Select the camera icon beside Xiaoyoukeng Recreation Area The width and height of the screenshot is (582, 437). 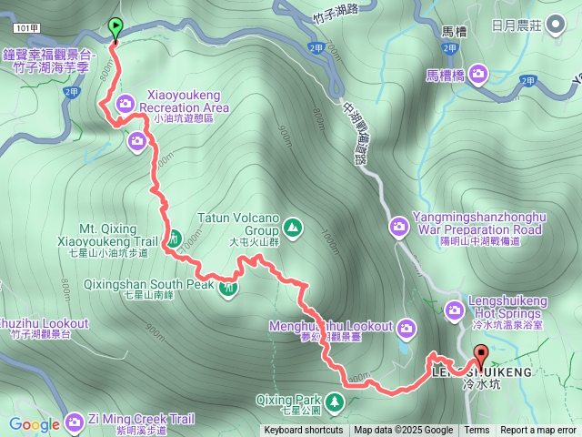pos(125,101)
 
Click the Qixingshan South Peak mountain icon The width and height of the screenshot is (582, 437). pos(228,289)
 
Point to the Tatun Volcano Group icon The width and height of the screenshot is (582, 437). pos(293,226)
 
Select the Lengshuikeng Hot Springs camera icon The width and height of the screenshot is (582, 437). pos(455,312)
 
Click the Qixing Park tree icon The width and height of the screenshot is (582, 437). pos(336,400)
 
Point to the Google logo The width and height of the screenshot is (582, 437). pos(35,423)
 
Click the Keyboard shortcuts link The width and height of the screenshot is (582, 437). pos(304,431)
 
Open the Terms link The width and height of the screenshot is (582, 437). pos(477,431)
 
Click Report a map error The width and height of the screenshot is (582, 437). pos(539,431)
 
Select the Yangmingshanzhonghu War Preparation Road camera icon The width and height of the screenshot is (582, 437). pos(398,224)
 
